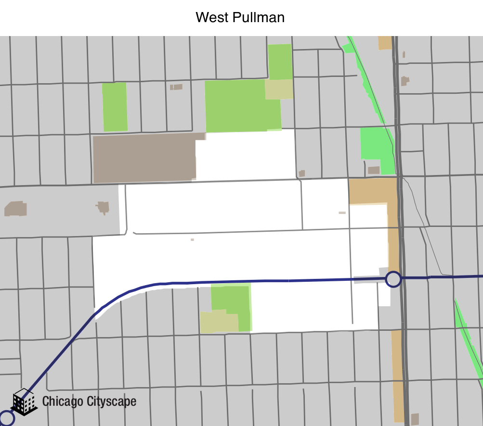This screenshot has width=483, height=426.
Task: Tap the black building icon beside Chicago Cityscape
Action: tap(24, 402)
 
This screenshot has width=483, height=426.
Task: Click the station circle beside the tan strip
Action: tap(393, 279)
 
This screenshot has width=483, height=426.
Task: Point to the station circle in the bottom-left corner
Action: tap(6, 418)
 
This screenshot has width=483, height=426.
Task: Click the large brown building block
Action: tap(144, 158)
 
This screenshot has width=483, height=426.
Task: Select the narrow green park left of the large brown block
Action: tap(115, 107)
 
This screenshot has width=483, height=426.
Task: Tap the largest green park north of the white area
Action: tap(241, 106)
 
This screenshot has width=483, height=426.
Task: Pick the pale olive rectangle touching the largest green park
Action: tap(279, 89)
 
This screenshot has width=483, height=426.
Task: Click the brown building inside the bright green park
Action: tap(374, 170)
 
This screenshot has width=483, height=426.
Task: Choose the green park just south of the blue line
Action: tap(231, 303)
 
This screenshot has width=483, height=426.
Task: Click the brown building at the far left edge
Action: tap(15, 209)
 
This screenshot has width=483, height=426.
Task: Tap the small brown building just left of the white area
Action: tap(103, 207)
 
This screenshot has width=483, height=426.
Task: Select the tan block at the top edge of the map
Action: tap(385, 43)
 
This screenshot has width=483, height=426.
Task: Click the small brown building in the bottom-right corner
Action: tap(415, 419)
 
